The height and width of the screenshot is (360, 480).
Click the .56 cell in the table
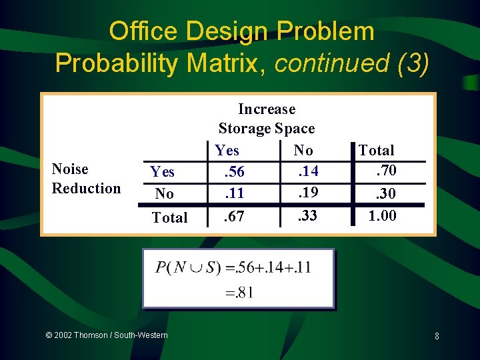234,172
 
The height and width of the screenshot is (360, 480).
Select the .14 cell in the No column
307,172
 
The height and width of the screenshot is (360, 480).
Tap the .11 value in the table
234,194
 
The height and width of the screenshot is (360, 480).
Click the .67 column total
234,216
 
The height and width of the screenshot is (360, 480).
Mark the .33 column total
307,216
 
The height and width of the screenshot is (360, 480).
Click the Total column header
377,151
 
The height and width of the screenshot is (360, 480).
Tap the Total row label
169,217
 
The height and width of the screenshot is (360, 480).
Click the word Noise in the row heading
70,169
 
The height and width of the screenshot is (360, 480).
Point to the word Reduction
87,188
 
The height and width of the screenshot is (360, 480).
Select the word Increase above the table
267,109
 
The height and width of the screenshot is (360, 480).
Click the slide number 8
436,336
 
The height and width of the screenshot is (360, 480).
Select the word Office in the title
145,31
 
